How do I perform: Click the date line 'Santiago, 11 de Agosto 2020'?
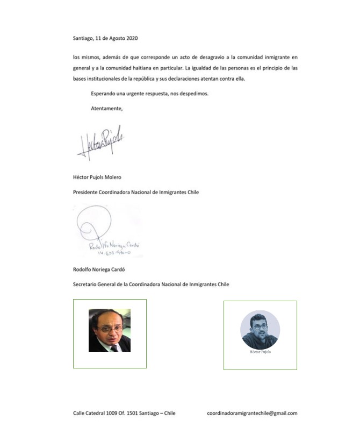coord(105,38)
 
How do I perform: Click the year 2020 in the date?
coord(131,38)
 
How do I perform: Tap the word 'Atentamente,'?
coord(107,108)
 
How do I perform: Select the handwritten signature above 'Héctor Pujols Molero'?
coord(101,144)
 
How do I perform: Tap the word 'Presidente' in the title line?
coord(85,192)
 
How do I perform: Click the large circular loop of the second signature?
coord(93,223)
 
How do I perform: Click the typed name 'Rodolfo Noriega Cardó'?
coord(98,269)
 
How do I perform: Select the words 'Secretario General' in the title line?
coord(95,284)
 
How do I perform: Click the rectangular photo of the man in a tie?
coord(110,330)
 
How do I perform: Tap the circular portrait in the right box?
coord(260,329)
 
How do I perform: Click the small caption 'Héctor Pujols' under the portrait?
coord(260,352)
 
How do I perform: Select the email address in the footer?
coord(252,413)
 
